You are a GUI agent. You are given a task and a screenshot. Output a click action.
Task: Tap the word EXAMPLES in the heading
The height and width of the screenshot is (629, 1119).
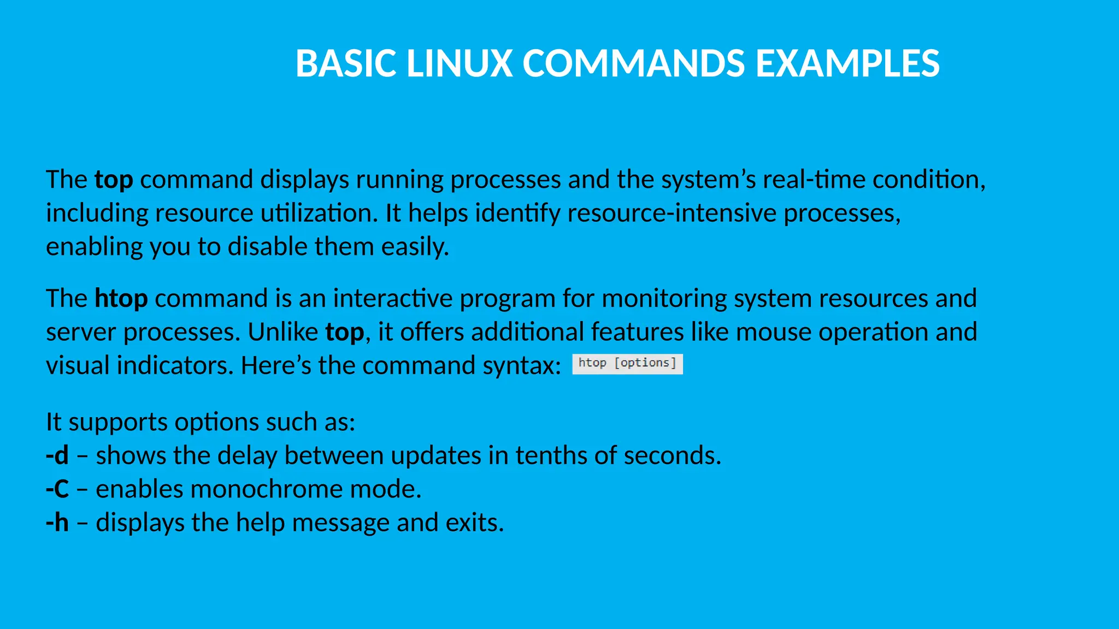pos(847,63)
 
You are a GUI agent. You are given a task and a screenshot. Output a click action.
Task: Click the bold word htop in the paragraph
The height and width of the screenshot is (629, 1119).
pos(121,299)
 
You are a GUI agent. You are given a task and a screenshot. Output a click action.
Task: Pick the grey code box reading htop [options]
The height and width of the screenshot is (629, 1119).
pos(627,364)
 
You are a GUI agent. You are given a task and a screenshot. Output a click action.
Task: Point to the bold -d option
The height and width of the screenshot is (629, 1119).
pos(57,455)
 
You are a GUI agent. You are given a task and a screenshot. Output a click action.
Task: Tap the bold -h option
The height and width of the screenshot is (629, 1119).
pos(57,523)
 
